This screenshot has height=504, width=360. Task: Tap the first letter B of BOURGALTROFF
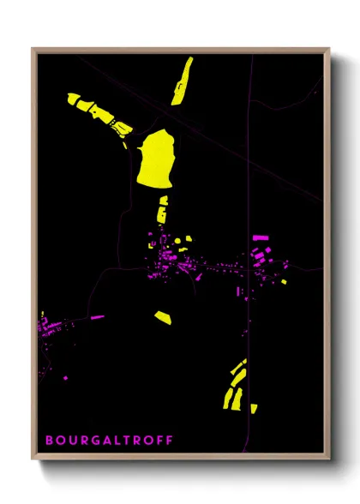49,441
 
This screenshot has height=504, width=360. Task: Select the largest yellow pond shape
155,158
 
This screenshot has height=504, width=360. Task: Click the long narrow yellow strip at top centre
182,81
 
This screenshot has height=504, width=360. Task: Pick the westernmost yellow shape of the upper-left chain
74,99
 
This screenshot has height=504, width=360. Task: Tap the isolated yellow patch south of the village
163,318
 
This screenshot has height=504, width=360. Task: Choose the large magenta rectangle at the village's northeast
261,238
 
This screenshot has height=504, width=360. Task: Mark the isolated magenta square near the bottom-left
67,376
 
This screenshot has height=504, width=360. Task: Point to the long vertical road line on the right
250,171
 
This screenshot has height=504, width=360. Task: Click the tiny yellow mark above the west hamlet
42,311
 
